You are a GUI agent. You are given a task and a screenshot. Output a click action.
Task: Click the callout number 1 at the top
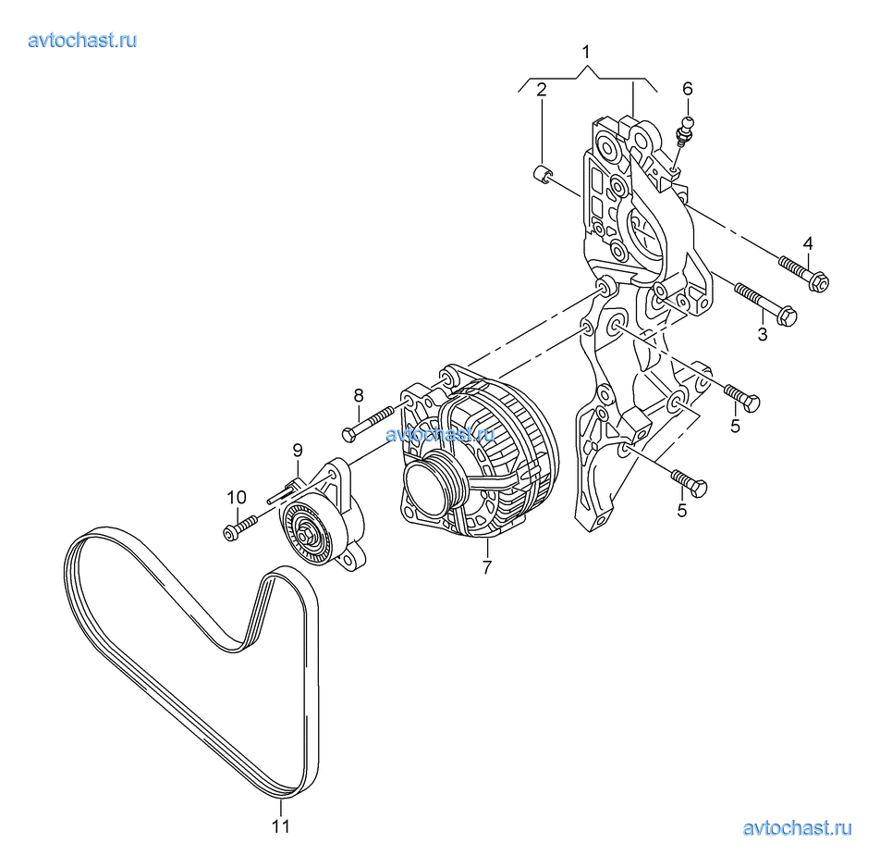(x=586, y=52)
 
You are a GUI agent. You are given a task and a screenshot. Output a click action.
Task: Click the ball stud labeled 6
(x=686, y=130)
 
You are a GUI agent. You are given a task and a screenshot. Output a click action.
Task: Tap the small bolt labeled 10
(x=239, y=527)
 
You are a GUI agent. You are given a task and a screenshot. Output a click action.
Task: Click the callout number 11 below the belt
(x=281, y=826)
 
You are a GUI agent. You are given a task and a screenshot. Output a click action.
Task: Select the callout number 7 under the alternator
(x=486, y=567)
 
